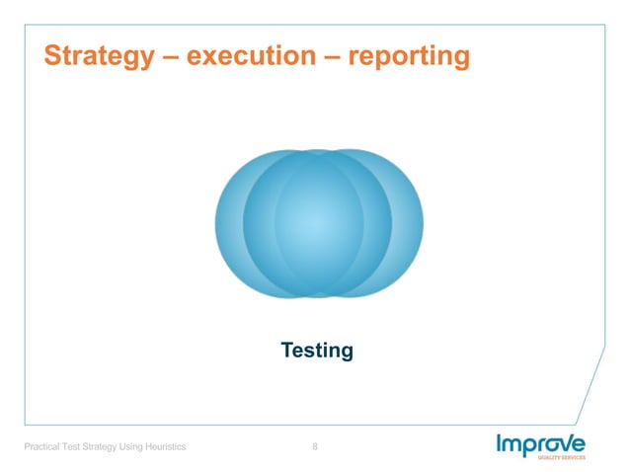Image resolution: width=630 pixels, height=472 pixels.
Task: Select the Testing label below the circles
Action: point(317,351)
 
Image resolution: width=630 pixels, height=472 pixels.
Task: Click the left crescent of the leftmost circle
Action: point(228,223)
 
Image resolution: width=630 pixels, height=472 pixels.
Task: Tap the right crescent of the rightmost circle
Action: point(409,223)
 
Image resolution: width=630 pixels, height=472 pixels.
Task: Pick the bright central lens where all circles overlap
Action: point(318,223)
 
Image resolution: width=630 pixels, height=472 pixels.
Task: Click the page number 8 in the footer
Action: point(315,449)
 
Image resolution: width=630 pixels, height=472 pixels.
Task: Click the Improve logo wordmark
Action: point(541,445)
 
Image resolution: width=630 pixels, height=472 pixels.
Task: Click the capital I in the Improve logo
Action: point(500,444)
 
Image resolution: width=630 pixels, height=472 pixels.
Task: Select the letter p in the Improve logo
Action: point(529,447)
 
